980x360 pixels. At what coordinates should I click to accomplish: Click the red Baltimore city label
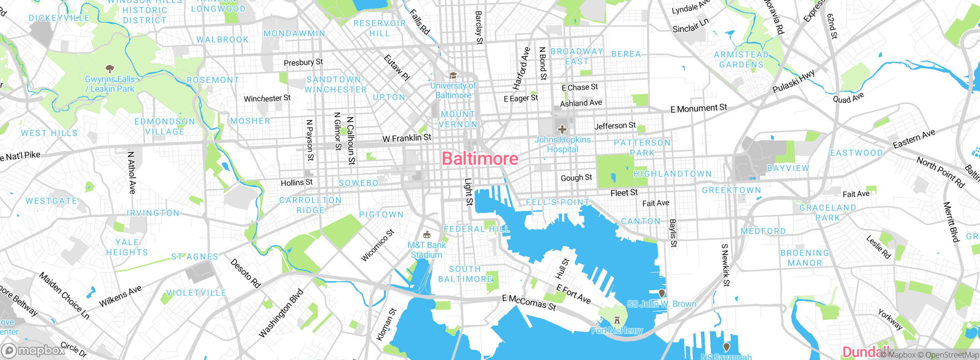coord(480,159)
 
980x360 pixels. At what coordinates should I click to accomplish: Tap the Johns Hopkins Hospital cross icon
coord(562,129)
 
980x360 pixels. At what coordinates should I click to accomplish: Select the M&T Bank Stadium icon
coord(426,234)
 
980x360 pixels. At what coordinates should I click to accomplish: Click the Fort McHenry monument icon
coord(617,320)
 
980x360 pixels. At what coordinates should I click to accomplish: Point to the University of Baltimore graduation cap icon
coord(453,75)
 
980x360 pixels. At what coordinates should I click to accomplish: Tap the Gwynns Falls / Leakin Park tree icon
coord(110,69)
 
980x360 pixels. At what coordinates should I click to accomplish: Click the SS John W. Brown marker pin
coord(661,294)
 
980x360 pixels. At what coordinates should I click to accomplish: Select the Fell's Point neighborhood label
coord(557,202)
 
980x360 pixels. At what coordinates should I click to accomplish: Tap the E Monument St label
coord(698,108)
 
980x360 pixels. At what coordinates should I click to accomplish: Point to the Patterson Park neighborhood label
coord(642,147)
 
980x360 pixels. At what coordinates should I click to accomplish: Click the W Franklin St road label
coord(407,138)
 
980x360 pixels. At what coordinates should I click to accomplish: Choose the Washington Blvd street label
coord(281,313)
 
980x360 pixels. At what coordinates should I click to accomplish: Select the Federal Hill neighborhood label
coord(476,229)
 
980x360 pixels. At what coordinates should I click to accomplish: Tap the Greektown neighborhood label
coord(731,190)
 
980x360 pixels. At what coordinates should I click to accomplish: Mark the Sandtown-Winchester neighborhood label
coord(335,85)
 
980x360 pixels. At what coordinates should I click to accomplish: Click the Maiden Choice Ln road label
coord(64,296)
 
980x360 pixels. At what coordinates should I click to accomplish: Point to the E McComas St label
coord(529,303)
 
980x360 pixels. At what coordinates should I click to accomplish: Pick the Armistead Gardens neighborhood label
coord(742,60)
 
